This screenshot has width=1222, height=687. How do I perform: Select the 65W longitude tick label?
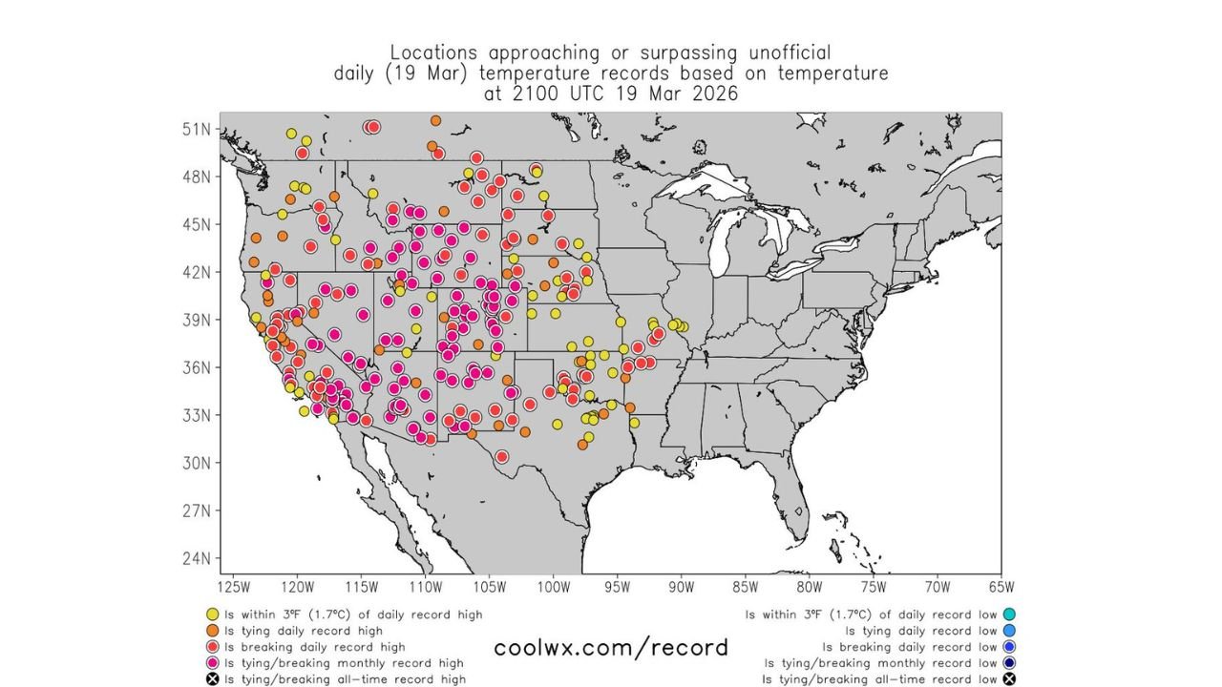1001,586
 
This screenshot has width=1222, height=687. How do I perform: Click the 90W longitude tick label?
681,586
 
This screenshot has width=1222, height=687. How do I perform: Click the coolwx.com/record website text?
610,648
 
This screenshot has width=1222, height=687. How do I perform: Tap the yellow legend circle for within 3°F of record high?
213,614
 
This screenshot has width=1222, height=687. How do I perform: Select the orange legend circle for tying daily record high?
213,631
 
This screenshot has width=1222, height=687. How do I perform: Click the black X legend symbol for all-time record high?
213,679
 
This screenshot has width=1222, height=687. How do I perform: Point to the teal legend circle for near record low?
1009,614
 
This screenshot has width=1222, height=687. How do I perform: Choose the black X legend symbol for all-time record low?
1009,679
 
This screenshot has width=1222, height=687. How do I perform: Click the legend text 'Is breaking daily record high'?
314,647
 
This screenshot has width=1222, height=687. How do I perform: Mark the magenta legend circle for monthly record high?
213,663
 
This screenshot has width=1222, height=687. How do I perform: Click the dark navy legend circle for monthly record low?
1009,663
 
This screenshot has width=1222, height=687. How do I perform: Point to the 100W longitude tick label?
553,586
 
